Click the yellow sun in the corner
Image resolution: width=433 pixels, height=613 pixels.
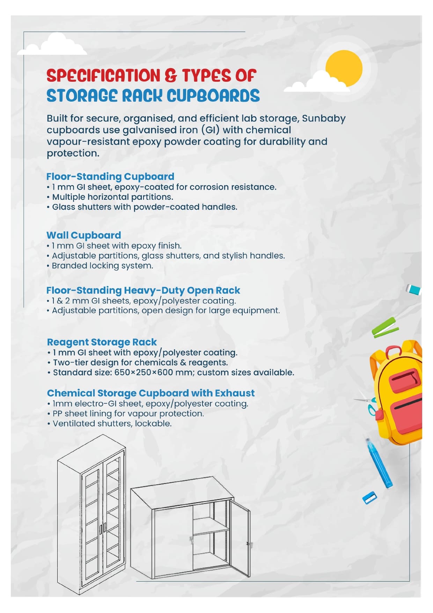coord(344,68)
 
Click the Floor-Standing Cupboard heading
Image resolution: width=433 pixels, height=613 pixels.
coord(110,176)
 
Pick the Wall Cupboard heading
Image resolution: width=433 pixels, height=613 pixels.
coord(83,235)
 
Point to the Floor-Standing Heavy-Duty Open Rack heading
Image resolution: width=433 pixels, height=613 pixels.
coord(143,290)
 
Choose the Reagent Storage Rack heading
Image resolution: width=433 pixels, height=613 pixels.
coord(102,342)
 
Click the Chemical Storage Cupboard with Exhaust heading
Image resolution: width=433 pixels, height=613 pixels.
coord(151,393)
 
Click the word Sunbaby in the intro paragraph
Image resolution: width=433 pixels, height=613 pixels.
coord(324,118)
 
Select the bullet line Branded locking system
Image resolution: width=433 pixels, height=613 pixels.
coord(102,266)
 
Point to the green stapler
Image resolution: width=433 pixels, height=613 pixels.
coord(385,328)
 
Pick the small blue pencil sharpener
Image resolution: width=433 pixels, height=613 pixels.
coord(369,498)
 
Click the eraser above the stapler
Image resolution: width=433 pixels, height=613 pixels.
coord(414,290)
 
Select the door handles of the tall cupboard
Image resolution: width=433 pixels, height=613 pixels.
coord(103,528)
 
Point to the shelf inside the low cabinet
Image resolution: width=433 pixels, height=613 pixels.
coord(211,531)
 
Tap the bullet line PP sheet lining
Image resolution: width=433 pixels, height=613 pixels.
coord(128,414)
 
